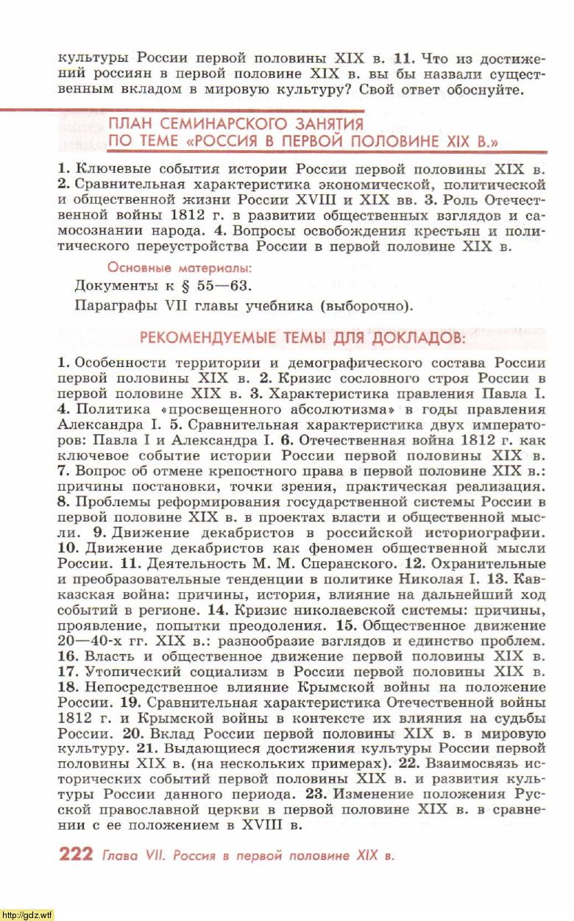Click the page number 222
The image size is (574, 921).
click(x=75, y=854)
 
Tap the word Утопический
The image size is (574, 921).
click(x=130, y=672)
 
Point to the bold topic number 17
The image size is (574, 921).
click(x=68, y=672)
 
